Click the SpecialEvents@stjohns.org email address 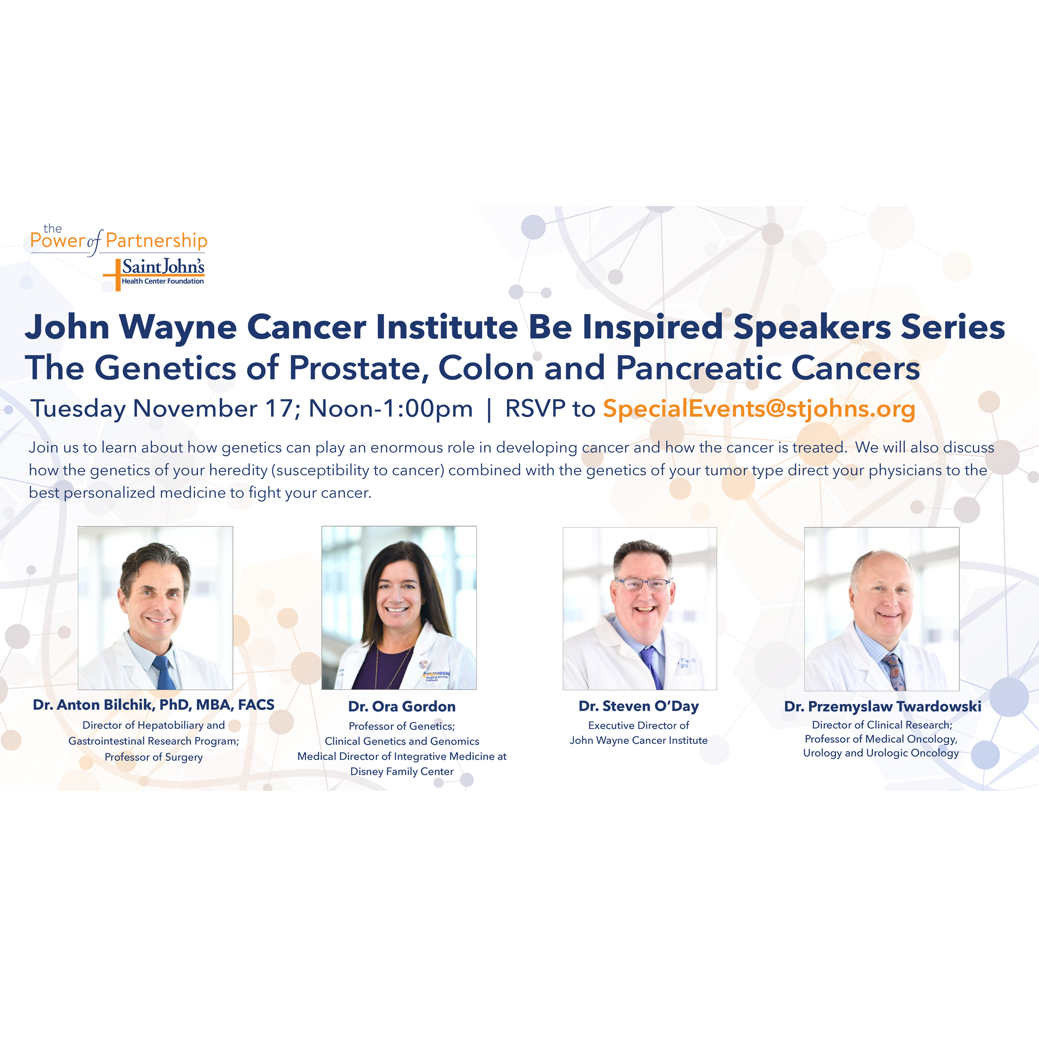(x=759, y=409)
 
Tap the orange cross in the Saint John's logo (x=118, y=275)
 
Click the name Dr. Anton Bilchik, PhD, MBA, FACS (x=154, y=704)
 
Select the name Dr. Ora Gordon (x=402, y=706)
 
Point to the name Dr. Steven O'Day (x=638, y=706)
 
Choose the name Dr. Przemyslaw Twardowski (x=882, y=706)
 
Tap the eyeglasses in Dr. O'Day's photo (x=644, y=584)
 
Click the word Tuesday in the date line (x=78, y=409)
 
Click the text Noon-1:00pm (x=391, y=409)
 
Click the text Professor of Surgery (x=154, y=757)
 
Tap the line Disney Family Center (x=402, y=771)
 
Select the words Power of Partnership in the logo (x=118, y=240)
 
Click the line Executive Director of (x=638, y=726)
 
